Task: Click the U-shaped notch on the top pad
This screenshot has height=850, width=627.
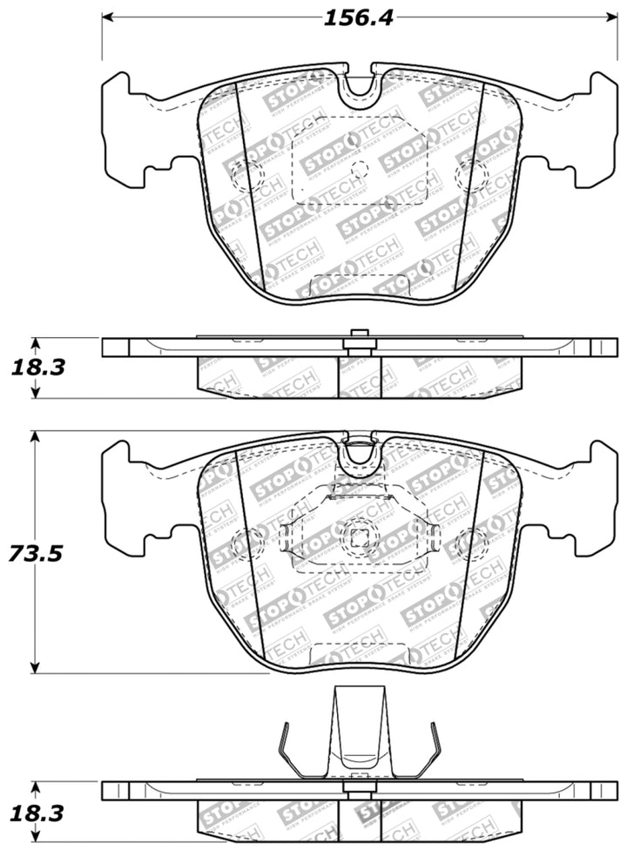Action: click(x=358, y=91)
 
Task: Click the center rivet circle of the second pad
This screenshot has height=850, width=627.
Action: click(x=357, y=532)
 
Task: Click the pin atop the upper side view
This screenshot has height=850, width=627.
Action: click(x=357, y=334)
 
